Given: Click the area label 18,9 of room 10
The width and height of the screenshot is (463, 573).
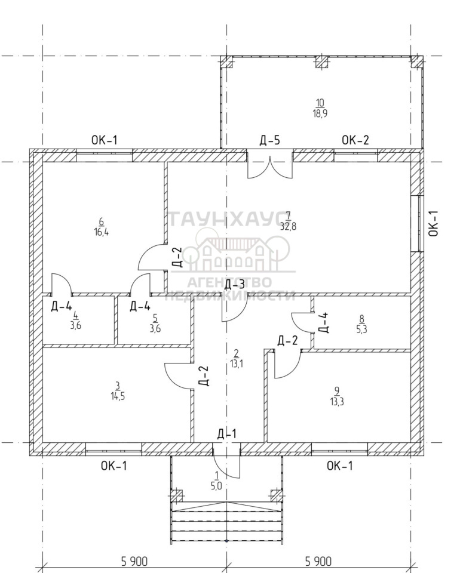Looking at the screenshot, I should (x=320, y=113).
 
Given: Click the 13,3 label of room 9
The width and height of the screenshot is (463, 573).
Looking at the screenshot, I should (x=338, y=401).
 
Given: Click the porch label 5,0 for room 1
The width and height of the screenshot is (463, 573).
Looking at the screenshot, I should (x=216, y=486).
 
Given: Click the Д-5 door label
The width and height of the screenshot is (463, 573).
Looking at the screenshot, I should (x=269, y=141).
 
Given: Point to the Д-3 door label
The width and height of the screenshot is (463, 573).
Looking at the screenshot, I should (x=234, y=285).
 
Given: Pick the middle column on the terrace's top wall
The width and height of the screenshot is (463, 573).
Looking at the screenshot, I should (x=321, y=62).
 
